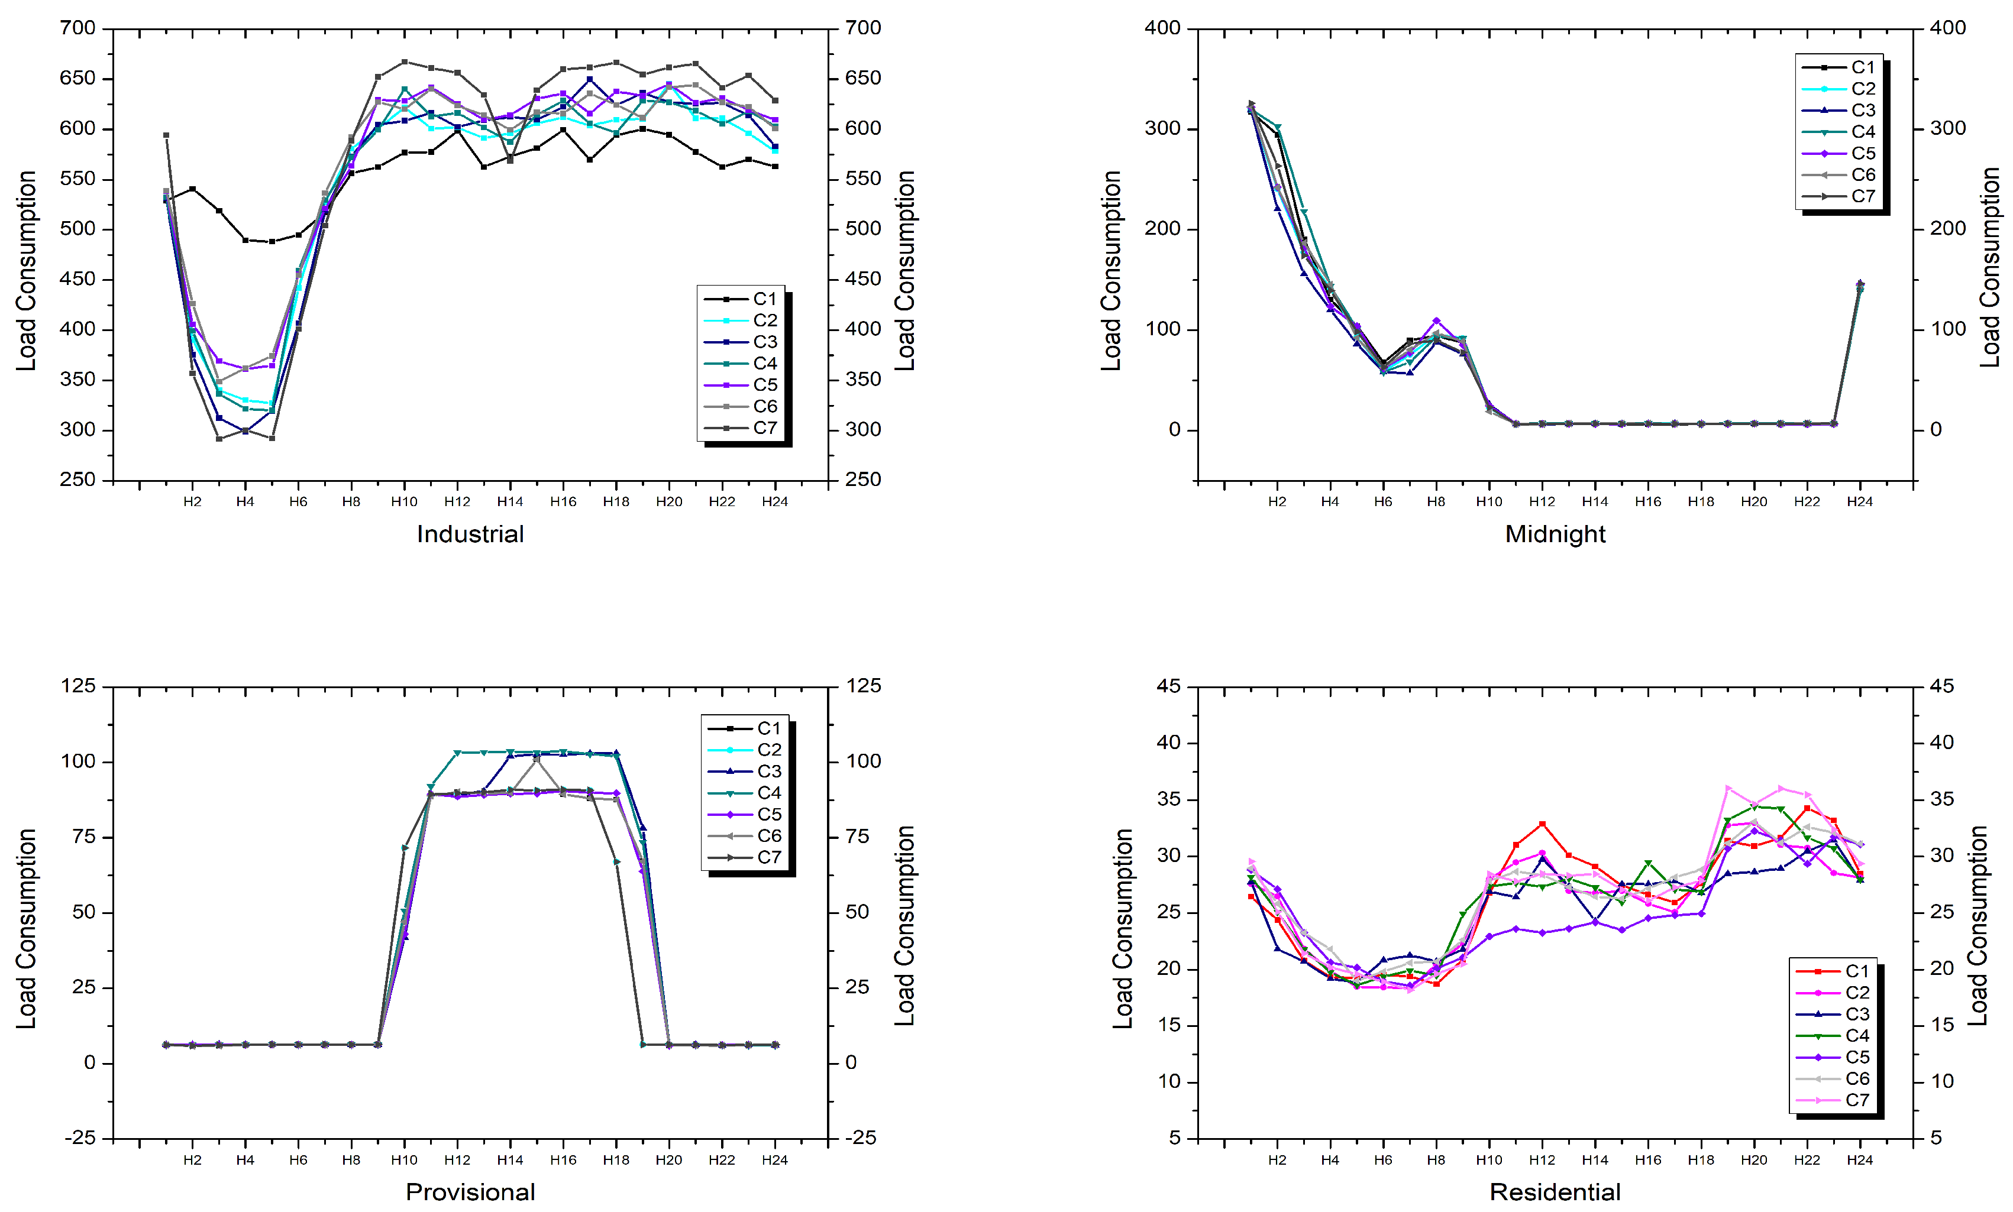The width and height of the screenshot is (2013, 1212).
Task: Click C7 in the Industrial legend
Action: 765,428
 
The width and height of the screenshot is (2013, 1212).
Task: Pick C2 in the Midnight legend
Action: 1863,88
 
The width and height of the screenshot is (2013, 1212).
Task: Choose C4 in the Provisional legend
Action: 769,792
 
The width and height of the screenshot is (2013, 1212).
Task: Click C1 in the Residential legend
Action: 1857,971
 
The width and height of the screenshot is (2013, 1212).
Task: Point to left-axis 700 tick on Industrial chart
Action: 77,28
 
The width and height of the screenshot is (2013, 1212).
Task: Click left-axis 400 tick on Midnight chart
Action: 1162,28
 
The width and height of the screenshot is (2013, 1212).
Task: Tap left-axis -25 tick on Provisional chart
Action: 79,1138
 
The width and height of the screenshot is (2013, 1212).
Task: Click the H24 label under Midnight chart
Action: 1859,501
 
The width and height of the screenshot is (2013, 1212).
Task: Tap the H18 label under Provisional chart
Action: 616,1160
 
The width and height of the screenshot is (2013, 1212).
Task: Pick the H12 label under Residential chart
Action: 1542,1160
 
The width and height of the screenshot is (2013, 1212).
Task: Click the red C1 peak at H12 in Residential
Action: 1542,824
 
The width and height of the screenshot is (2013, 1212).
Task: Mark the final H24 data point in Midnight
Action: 1860,284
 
